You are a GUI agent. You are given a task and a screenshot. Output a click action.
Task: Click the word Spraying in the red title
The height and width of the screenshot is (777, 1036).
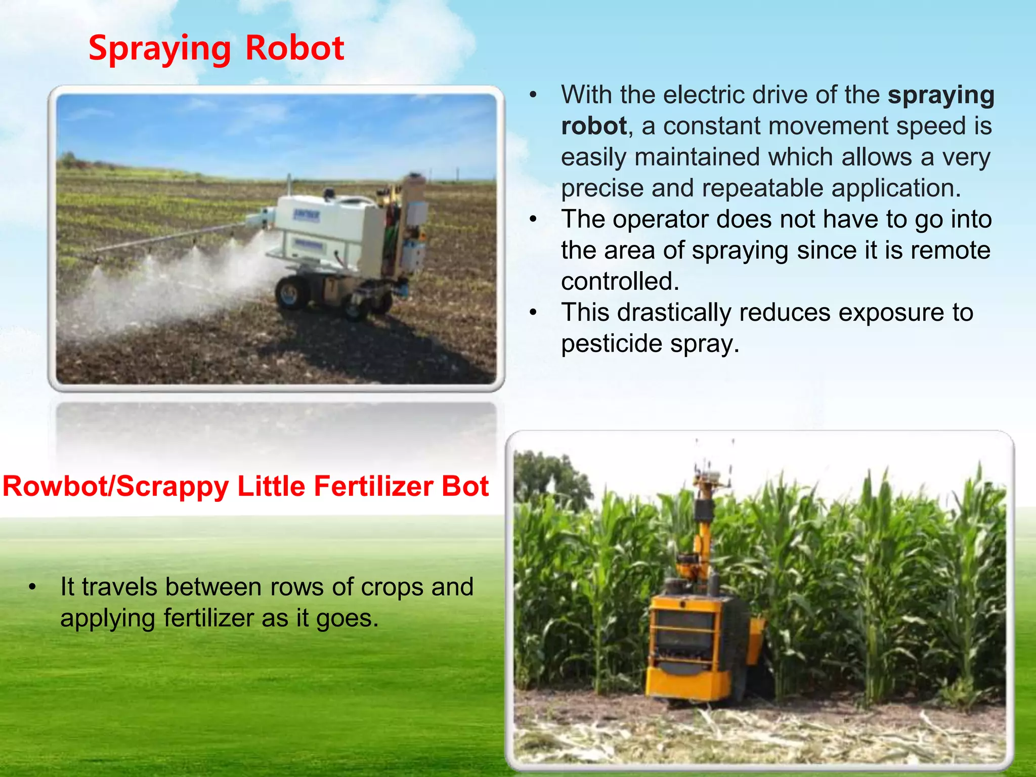(160, 49)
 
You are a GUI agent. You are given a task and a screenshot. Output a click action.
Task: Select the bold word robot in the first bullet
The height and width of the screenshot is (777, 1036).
(594, 126)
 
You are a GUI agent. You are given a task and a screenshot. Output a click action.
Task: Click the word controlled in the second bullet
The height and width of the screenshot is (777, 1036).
(620, 282)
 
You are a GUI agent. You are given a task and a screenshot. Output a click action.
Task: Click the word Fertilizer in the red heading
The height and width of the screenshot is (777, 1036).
(373, 487)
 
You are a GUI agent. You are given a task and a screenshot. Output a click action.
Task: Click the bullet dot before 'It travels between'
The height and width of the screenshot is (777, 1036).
(32, 587)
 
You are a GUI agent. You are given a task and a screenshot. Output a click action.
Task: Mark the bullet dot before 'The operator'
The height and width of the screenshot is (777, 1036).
(533, 220)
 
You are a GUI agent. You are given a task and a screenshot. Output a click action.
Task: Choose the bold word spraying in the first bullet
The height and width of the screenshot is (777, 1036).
(941, 95)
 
